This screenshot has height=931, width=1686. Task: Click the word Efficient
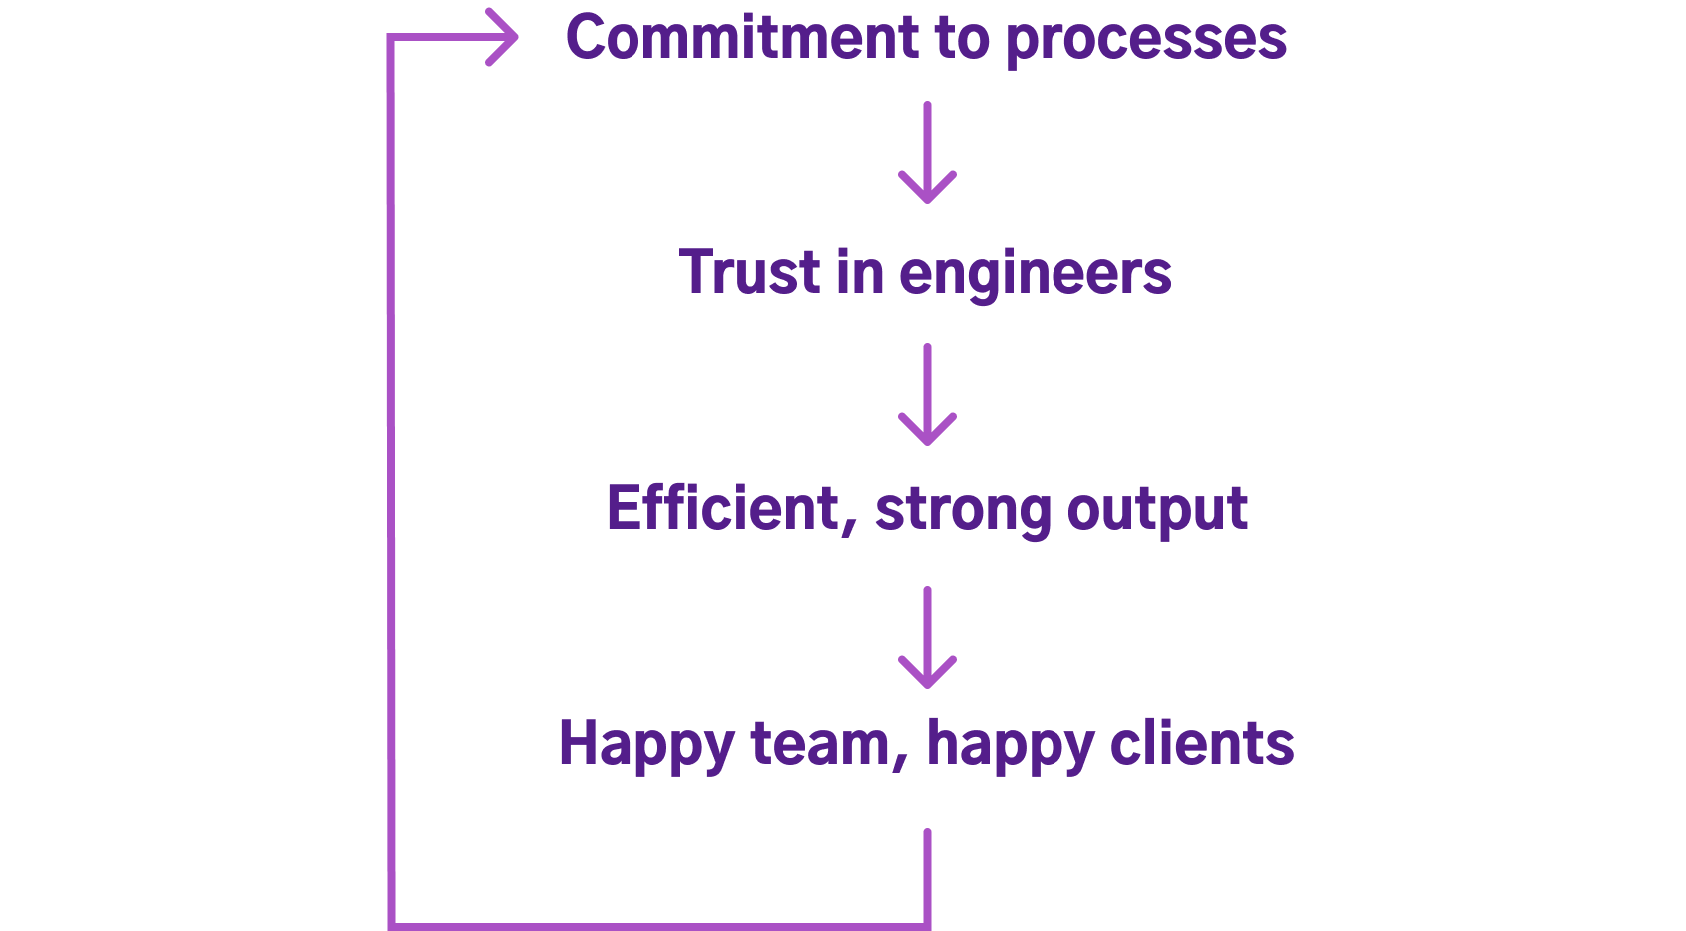726,509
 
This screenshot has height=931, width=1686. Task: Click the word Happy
645,745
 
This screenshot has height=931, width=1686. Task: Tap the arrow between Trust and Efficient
927,395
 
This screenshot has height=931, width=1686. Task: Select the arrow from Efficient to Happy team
927,638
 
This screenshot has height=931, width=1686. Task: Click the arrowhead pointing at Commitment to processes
504,38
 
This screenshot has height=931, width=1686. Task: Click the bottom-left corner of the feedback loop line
392,925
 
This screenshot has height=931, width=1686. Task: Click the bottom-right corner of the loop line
927,925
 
